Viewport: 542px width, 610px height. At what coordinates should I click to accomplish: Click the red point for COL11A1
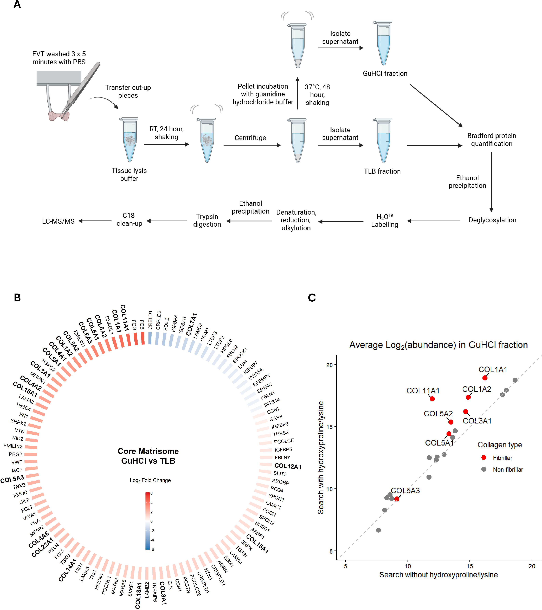click(432, 399)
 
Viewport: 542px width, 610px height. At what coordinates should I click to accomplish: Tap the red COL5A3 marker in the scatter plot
click(397, 499)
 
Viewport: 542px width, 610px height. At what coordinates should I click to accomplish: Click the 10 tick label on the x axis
click(408, 566)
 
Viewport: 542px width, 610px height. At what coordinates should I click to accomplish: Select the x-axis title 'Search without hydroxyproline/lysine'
click(438, 575)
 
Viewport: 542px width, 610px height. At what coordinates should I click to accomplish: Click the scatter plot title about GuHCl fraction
click(438, 345)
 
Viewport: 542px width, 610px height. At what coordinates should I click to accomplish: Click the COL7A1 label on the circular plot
click(191, 324)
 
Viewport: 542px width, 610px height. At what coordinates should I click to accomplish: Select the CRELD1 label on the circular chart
click(150, 320)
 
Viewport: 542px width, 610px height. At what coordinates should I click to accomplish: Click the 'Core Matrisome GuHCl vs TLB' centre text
click(148, 456)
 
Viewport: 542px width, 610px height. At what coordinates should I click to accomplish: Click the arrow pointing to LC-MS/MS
click(95, 221)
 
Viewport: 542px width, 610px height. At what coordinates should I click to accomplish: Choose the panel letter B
click(17, 297)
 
